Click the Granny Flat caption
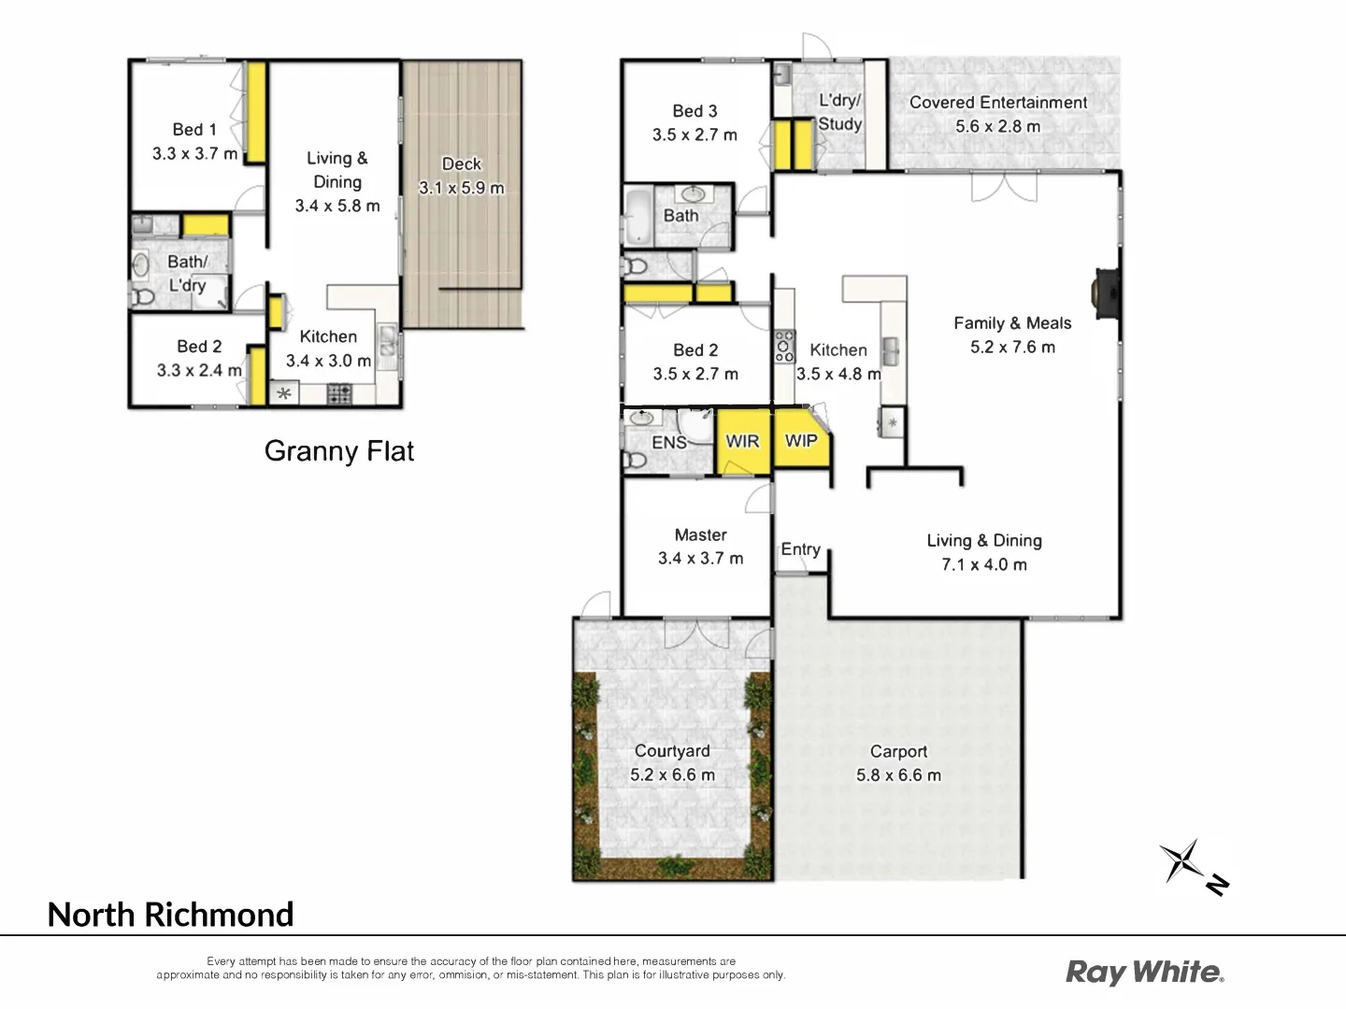click(x=338, y=451)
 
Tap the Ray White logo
click(x=1144, y=972)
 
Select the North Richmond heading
click(x=170, y=915)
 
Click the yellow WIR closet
click(x=743, y=441)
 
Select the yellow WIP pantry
click(x=801, y=441)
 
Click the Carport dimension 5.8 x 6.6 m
click(x=898, y=775)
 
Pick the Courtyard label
click(x=672, y=751)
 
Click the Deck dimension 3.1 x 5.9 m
click(x=462, y=188)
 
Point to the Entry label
click(x=800, y=549)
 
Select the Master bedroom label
click(x=700, y=535)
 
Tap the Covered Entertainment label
click(x=997, y=103)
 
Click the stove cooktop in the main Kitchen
click(x=784, y=347)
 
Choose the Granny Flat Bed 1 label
click(x=194, y=130)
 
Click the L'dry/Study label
click(x=839, y=112)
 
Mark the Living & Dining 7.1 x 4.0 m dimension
click(x=983, y=565)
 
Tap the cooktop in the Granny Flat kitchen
click(x=338, y=394)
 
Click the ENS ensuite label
click(x=669, y=443)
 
